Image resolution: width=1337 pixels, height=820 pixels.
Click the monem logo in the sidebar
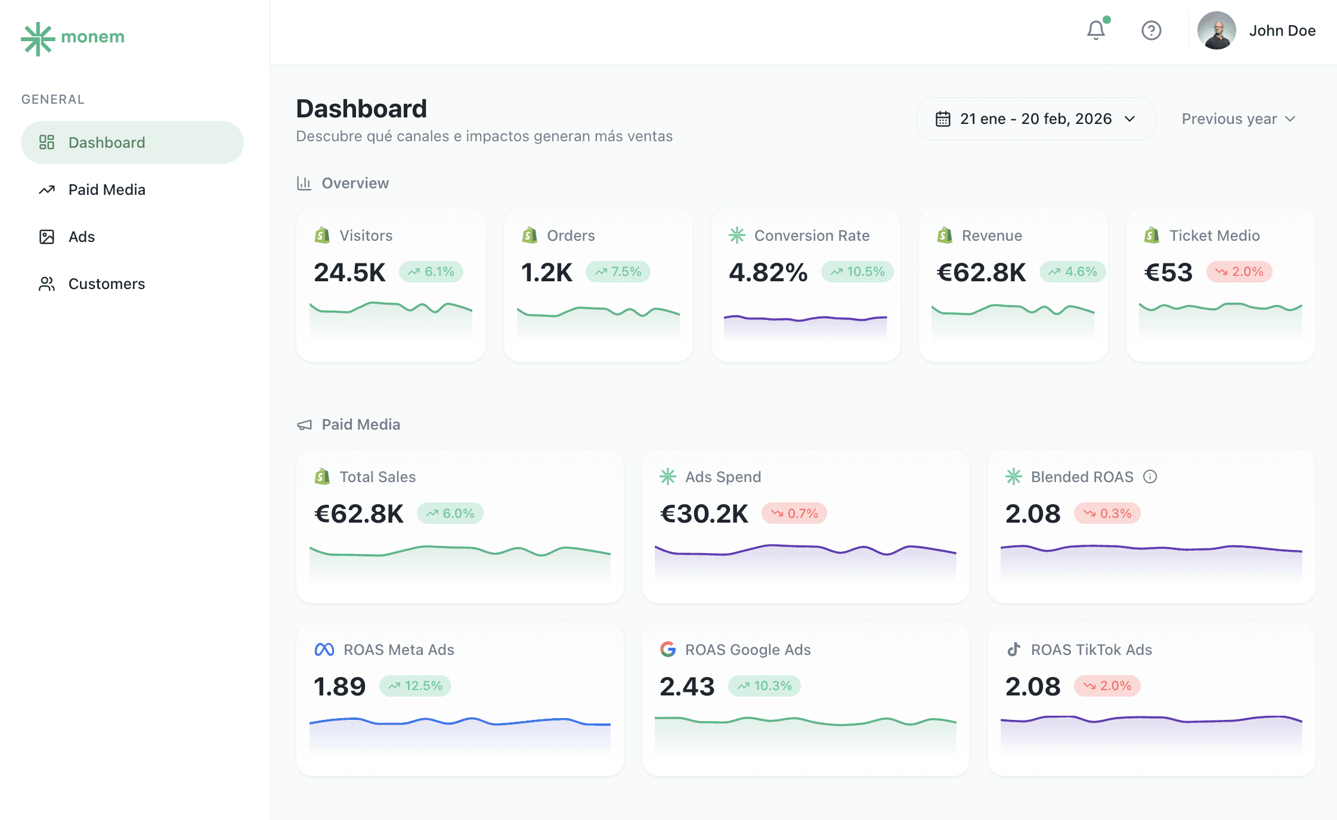click(73, 38)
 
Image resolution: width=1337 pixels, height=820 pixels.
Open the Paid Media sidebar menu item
click(106, 190)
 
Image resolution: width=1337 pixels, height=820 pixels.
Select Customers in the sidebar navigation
click(106, 284)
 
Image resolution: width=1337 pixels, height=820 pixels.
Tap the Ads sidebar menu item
click(81, 237)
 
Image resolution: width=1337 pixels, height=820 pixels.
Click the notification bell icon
click(1096, 30)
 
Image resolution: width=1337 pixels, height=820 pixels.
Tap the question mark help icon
click(1151, 30)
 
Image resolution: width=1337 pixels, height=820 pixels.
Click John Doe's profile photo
click(1217, 30)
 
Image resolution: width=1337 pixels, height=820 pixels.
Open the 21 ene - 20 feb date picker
click(1035, 119)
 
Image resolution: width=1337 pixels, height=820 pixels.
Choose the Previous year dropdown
click(1238, 119)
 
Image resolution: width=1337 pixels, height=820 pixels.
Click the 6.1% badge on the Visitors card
click(431, 272)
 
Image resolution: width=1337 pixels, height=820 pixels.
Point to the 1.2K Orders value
click(546, 272)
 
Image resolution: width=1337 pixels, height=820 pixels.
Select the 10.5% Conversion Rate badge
click(857, 272)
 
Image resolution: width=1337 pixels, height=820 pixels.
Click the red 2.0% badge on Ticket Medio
click(1239, 272)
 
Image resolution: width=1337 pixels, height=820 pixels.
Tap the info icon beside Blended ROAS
click(1150, 477)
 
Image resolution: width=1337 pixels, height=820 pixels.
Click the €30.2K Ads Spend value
click(704, 514)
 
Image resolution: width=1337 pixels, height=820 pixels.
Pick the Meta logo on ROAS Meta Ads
click(324, 650)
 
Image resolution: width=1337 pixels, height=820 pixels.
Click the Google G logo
click(668, 650)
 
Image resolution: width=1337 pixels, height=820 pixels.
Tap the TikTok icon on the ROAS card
click(1014, 650)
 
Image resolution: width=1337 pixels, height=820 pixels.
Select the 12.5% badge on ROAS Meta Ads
click(416, 686)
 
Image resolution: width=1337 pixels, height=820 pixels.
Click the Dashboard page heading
click(361, 109)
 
